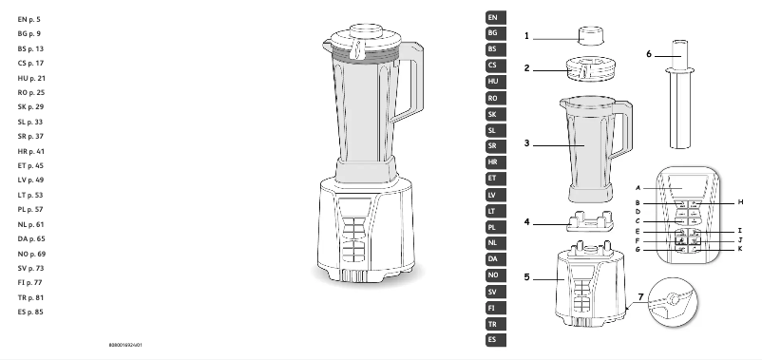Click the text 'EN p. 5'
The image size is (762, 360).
click(x=29, y=19)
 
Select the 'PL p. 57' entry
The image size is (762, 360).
click(x=31, y=208)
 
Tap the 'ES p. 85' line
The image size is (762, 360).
click(x=31, y=312)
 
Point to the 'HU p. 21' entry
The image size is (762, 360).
click(x=31, y=77)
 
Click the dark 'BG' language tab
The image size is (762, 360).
click(x=492, y=33)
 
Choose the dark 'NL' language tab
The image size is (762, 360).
click(x=492, y=242)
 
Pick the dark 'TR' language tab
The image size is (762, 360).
click(x=492, y=324)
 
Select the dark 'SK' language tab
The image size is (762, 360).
click(x=492, y=114)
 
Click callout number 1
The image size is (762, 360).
click(x=526, y=36)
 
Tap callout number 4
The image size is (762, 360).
click(x=526, y=224)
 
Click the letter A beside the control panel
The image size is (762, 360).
click(x=638, y=188)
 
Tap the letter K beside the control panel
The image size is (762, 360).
click(x=739, y=248)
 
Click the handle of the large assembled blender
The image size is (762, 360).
click(x=411, y=81)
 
